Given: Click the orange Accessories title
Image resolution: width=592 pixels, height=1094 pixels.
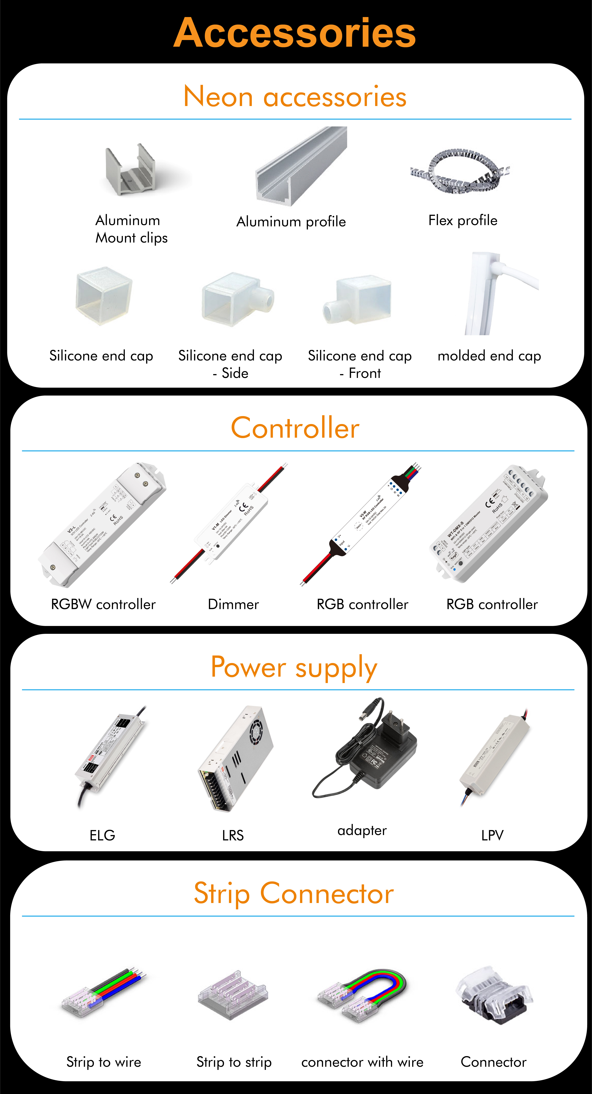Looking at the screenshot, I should pyautogui.click(x=295, y=33).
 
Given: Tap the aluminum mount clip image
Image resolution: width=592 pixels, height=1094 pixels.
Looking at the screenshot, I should pyautogui.click(x=131, y=171).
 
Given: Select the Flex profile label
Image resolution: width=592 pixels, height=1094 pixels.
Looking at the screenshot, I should pyautogui.click(x=463, y=220).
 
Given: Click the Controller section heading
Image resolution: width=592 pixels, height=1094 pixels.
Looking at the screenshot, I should pyautogui.click(x=295, y=428).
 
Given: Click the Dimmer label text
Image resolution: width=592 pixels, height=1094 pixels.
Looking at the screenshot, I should pyautogui.click(x=233, y=604).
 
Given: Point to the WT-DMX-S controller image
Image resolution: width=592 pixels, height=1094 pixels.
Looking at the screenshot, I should pyautogui.click(x=489, y=523).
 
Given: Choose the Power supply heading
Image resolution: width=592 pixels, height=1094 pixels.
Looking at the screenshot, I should pyautogui.click(x=294, y=667).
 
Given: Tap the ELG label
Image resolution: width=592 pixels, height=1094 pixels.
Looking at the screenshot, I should pyautogui.click(x=102, y=835).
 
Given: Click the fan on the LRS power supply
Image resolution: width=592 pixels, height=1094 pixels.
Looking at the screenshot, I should pyautogui.click(x=256, y=733).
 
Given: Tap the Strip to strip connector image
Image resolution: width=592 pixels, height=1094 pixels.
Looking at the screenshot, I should pyautogui.click(x=233, y=995).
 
